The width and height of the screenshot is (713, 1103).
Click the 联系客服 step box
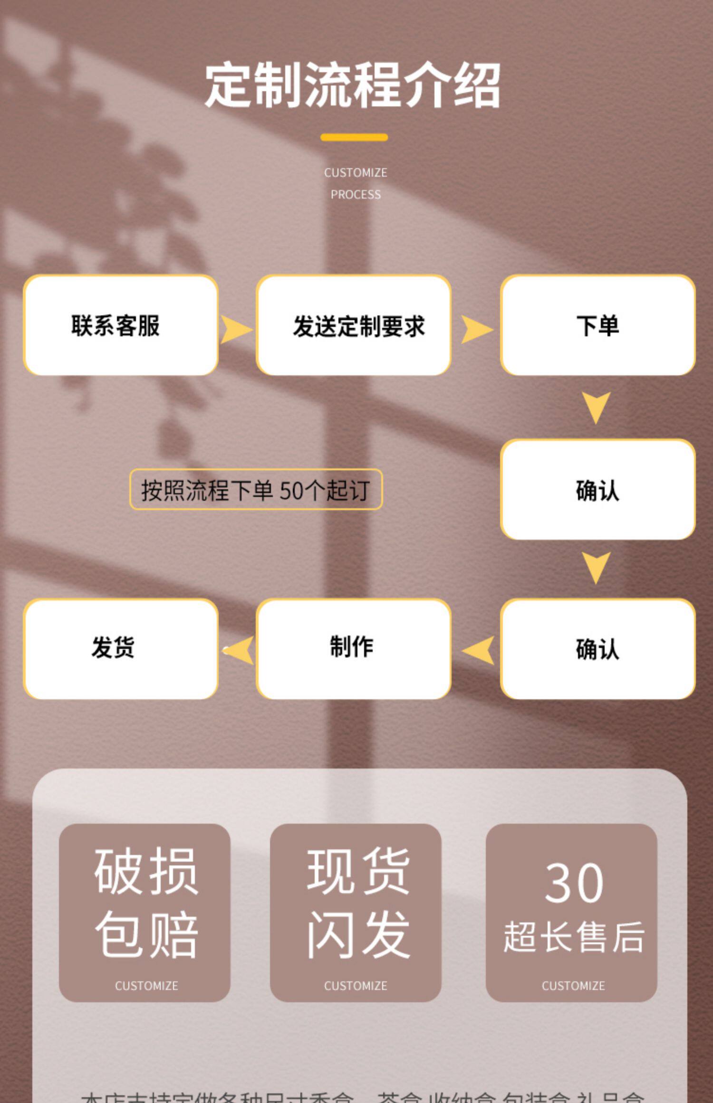(121, 325)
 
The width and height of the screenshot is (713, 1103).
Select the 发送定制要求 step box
(354, 325)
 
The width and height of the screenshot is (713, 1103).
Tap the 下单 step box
(597, 325)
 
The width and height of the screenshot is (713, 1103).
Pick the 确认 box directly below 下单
(597, 490)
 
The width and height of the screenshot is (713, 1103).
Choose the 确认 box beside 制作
(597, 649)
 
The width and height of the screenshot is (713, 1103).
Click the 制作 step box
(354, 649)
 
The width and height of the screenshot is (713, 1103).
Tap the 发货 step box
(121, 649)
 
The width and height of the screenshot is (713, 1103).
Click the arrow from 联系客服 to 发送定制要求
(236, 330)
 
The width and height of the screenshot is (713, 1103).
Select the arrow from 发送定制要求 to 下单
(477, 330)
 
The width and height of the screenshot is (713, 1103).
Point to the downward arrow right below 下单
(596, 407)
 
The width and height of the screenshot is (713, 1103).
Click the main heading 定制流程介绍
(352, 86)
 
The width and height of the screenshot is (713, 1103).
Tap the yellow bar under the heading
(354, 137)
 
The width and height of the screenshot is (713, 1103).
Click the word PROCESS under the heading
(356, 194)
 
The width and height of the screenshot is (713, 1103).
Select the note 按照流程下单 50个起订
(256, 490)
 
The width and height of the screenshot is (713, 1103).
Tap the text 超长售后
(574, 937)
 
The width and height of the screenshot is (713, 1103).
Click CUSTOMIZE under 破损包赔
(146, 986)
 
